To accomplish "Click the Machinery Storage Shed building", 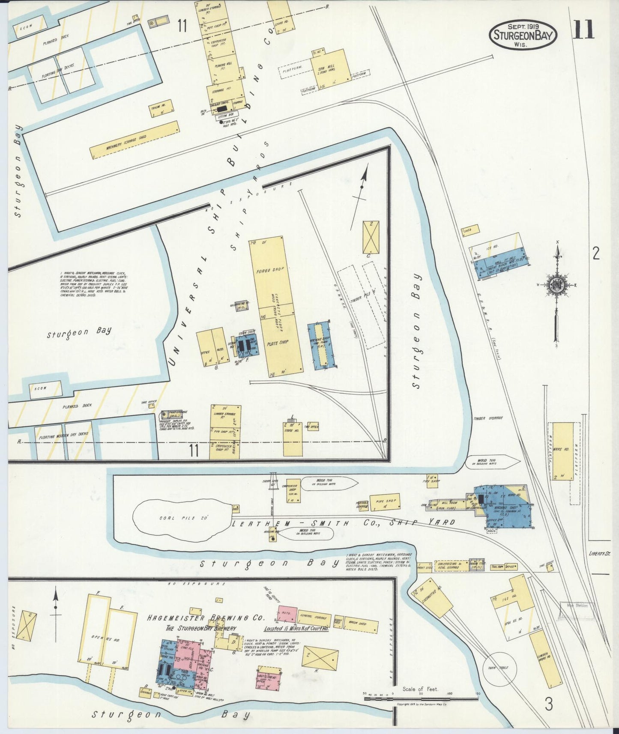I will (x=134, y=140).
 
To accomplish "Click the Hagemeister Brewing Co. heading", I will (x=206, y=618).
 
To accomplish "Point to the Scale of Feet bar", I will (x=421, y=698).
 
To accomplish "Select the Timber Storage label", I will (x=488, y=418).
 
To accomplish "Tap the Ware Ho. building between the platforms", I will (x=562, y=451).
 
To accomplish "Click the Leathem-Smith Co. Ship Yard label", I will (x=343, y=523).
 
